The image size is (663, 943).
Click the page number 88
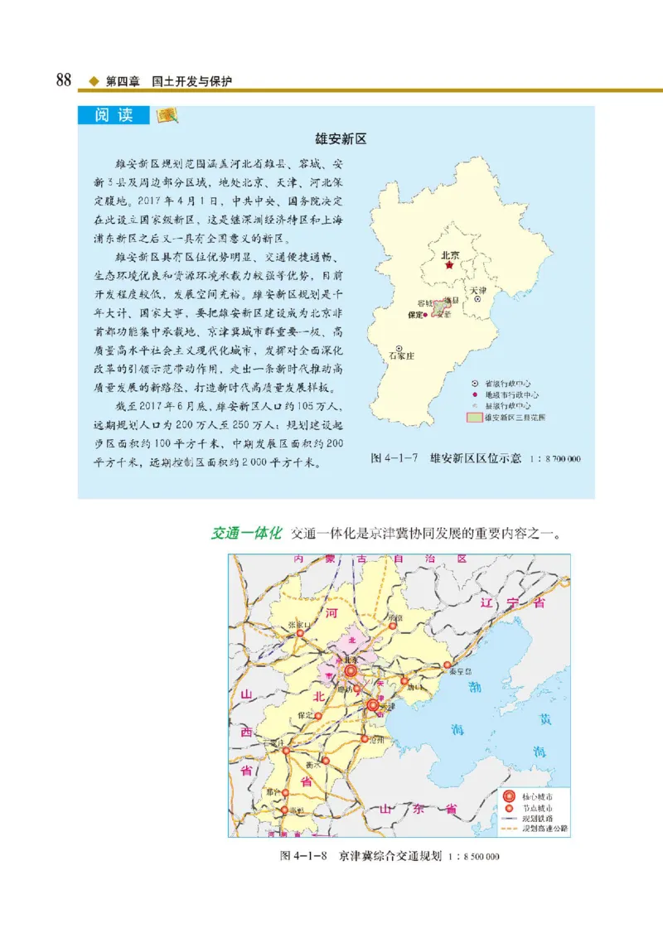[63, 81]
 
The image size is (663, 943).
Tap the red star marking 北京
[449, 267]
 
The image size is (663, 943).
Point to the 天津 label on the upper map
[478, 291]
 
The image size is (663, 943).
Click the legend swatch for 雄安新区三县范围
[474, 418]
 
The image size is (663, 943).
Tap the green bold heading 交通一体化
[248, 532]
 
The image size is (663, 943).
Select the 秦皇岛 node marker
[448, 665]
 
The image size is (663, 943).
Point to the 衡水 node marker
[325, 759]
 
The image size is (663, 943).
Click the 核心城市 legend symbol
[511, 796]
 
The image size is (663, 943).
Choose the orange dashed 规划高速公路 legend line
[510, 828]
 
